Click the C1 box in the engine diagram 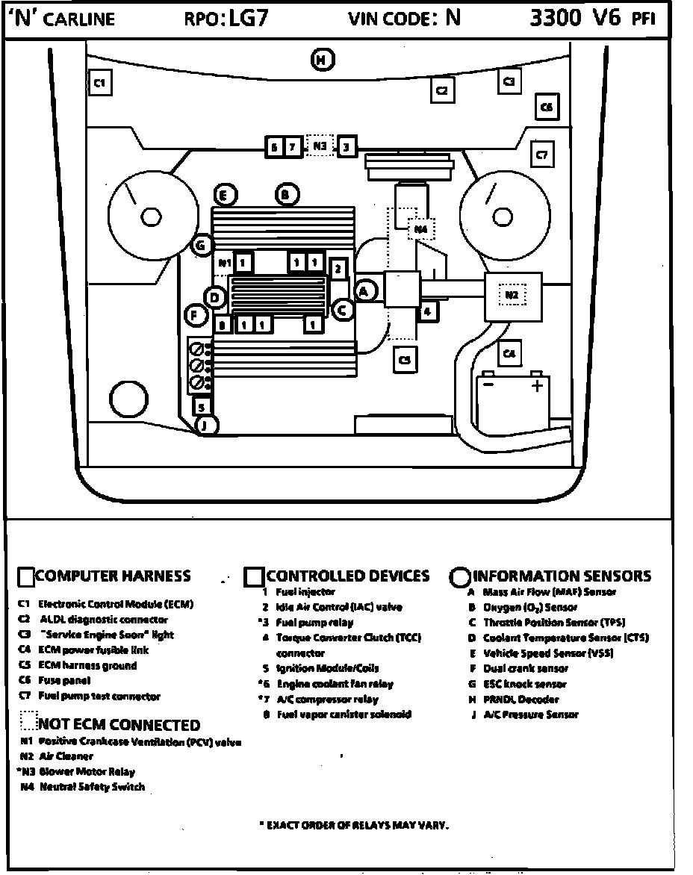tap(99, 83)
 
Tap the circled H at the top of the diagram tap(322, 60)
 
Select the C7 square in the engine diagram tap(541, 155)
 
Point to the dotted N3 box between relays tap(320, 146)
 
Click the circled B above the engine tap(286, 196)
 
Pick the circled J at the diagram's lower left tap(206, 426)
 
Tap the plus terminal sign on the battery tap(536, 385)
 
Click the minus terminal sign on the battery tap(488, 384)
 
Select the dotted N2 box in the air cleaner tap(512, 296)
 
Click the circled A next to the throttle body tap(364, 291)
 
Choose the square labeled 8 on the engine tap(223, 325)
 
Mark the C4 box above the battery tap(509, 353)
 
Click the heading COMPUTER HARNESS tap(113, 576)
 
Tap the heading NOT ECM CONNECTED tap(119, 725)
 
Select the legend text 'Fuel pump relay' tap(314, 622)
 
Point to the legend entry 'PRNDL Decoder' tap(520, 700)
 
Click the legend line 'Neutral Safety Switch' tap(92, 787)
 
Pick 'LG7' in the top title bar tap(249, 19)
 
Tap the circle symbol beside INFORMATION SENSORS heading tap(461, 577)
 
